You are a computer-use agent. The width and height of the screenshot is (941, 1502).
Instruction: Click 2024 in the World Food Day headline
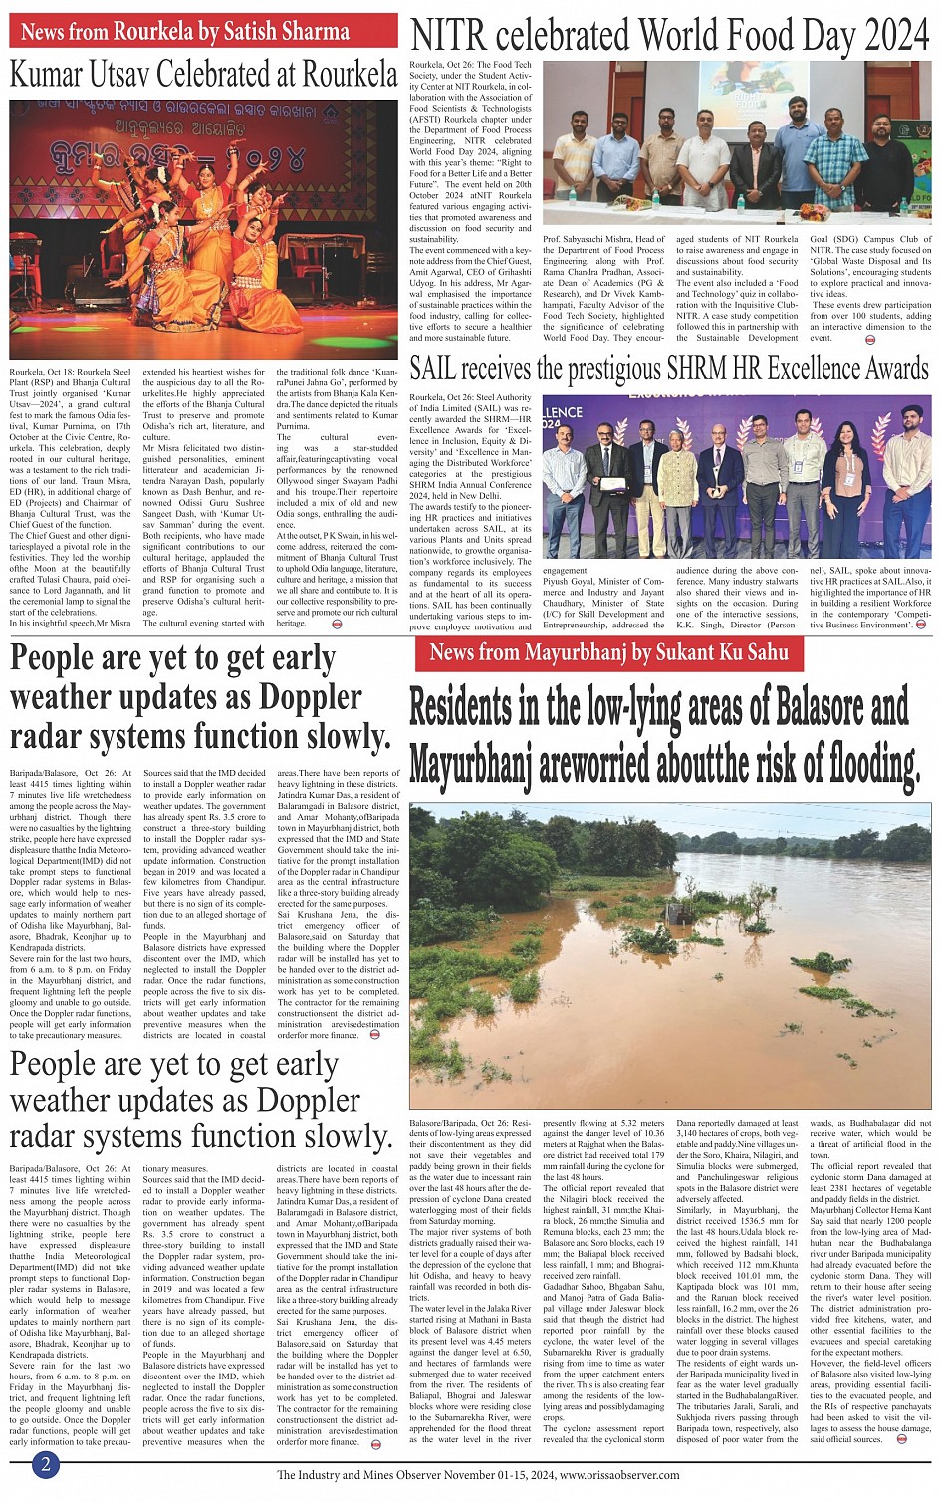[x=896, y=37]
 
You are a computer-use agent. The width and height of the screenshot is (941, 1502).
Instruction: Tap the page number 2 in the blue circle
[x=45, y=1464]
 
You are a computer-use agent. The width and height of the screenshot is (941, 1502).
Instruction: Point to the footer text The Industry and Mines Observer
[x=363, y=1475]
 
